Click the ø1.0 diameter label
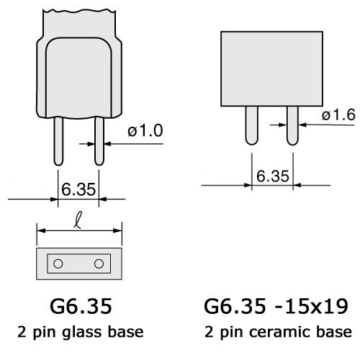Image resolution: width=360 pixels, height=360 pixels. click(x=146, y=131)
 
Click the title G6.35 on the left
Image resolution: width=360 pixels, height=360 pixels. click(x=78, y=307)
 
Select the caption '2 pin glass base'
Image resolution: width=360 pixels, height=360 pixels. click(x=78, y=332)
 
